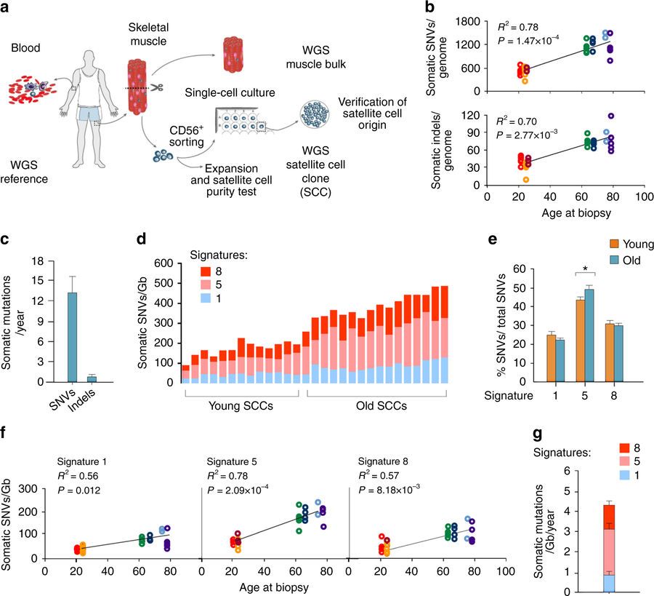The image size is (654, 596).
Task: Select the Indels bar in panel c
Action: point(92,378)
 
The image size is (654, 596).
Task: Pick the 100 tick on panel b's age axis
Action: point(642,196)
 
